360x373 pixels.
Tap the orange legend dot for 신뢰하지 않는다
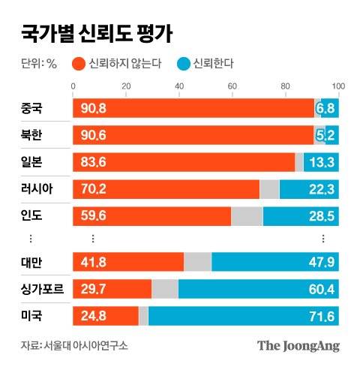pyautogui.click(x=77, y=62)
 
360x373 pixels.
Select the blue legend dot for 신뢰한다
pyautogui.click(x=182, y=62)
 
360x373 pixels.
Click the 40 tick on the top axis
pyautogui.click(x=179, y=87)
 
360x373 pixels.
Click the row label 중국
pyautogui.click(x=32, y=109)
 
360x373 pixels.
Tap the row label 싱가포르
pyautogui.click(x=42, y=288)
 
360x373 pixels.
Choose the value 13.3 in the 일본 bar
pyautogui.click(x=321, y=162)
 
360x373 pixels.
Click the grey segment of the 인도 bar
pyautogui.click(x=247, y=216)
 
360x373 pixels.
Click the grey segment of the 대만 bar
pyautogui.click(x=197, y=262)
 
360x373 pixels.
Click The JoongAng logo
pyautogui.click(x=298, y=345)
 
